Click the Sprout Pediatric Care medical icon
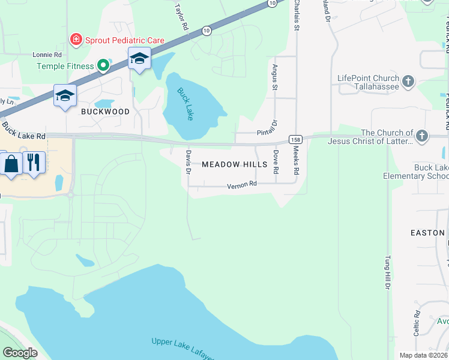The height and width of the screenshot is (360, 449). tap(76, 40)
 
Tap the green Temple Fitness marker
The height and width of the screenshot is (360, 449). tap(103, 65)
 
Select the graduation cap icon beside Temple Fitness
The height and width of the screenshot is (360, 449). tap(139, 59)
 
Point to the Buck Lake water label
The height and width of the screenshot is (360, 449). tap(185, 104)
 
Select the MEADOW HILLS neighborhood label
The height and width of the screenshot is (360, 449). tap(234, 164)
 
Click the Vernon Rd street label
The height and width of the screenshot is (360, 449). tap(241, 186)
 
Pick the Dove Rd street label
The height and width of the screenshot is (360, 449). tap(276, 161)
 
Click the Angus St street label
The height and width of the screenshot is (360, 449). tap(275, 77)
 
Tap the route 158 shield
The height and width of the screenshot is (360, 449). tap(295, 139)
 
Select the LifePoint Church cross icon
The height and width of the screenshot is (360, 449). tap(408, 82)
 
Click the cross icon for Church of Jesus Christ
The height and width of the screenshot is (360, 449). tap(421, 136)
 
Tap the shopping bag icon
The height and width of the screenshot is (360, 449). tap(11, 163)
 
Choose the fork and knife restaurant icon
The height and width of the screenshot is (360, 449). tap(34, 161)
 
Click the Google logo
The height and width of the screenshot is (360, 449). tap(20, 352)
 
